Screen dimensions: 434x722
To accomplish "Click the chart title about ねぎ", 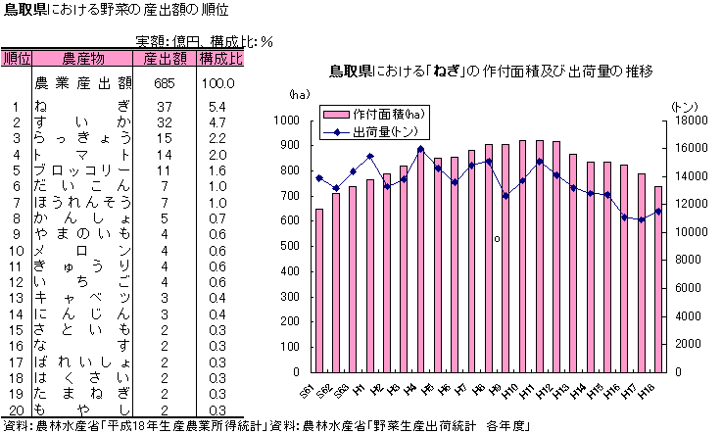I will tap(491, 72).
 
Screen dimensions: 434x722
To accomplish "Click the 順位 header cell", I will tap(17, 59).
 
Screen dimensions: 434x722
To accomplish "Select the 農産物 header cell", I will tap(83, 59).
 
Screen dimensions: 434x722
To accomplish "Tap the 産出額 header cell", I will tap(164, 59).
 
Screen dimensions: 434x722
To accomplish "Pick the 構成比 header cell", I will tap(220, 59).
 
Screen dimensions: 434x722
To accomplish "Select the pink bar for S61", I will tap(319, 291).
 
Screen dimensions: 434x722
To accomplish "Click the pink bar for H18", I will tap(658, 279).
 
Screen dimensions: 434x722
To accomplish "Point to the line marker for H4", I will tap(420, 150).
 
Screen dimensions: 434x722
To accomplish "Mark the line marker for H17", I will tap(641, 219).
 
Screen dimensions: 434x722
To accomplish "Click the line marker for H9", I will tap(505, 196).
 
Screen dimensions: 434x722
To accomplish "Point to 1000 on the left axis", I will tap(287, 121).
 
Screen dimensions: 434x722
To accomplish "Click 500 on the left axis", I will tap(291, 247).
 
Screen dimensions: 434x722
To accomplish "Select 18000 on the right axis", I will tap(688, 121).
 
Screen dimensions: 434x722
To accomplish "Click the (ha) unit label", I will tap(299, 95).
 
